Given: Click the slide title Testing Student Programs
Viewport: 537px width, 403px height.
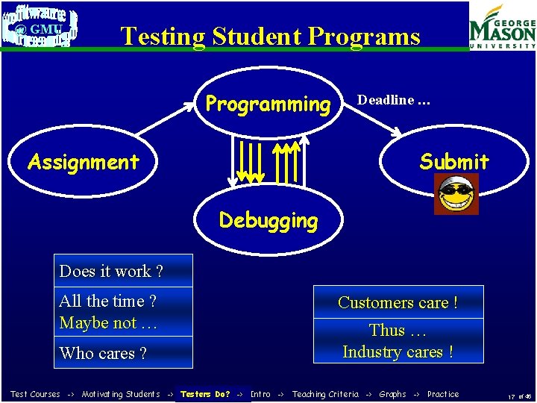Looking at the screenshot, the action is [270, 36].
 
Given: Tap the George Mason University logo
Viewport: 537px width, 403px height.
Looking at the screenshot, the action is [502, 27].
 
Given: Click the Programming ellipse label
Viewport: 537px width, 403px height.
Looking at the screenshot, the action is [268, 104].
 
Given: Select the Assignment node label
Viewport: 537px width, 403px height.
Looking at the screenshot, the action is [84, 162].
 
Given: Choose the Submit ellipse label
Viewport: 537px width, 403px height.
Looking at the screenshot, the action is [453, 161].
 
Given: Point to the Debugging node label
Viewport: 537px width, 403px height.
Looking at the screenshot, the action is [268, 220].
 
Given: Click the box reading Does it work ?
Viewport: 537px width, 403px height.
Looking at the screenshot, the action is [125, 271].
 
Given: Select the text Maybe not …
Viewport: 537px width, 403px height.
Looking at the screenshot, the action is [108, 323].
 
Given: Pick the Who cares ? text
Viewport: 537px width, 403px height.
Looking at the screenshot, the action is [103, 353].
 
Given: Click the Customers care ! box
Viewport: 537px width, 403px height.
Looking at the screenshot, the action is [398, 302].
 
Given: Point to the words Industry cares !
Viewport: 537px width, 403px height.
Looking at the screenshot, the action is [398, 352].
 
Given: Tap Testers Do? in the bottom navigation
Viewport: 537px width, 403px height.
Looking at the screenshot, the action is [205, 394].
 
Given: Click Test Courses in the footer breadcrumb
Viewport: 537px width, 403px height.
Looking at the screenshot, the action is [35, 394].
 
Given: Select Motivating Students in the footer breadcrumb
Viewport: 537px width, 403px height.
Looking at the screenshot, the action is [121, 394].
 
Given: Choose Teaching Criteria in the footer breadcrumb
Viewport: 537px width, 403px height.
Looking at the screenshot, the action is [325, 394].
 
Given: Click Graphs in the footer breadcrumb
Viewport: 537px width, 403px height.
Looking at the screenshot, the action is [392, 394].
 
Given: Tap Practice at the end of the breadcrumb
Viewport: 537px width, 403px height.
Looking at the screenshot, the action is [443, 394].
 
